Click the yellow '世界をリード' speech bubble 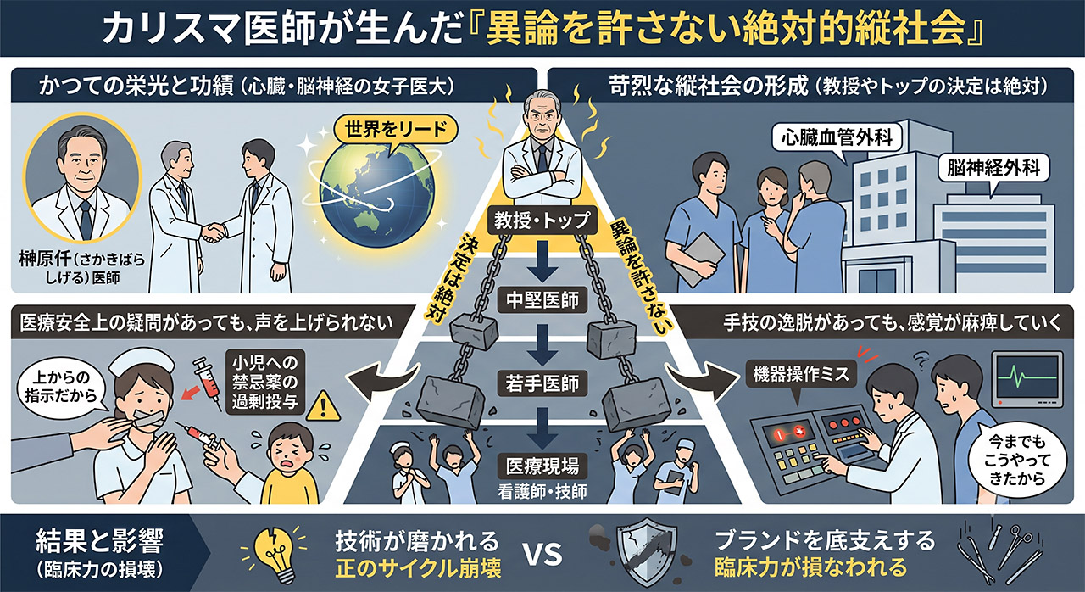coord(395,131)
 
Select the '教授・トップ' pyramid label coord(542,221)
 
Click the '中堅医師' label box coord(542,300)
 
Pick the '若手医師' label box coord(542,383)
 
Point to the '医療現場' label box coord(542,466)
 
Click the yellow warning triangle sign coord(324,405)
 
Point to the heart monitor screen coord(1027,379)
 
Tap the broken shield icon coord(647,550)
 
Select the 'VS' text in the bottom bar coord(542,555)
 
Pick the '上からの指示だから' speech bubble coord(61,387)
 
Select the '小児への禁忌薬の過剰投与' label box coord(265,383)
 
